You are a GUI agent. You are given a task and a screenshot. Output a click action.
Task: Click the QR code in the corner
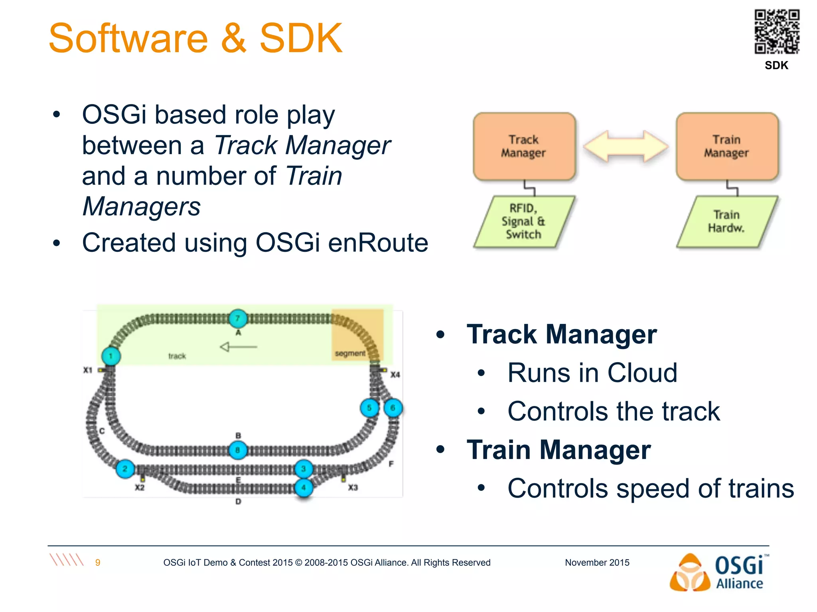(x=777, y=32)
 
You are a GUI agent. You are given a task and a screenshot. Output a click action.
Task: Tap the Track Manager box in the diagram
(x=524, y=146)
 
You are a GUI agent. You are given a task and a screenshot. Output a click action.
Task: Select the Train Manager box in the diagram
(x=726, y=146)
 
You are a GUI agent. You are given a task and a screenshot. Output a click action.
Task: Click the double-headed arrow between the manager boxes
(x=625, y=146)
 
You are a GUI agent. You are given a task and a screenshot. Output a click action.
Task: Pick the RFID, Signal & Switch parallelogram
(x=524, y=222)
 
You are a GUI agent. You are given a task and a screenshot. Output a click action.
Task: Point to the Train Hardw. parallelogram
(x=726, y=222)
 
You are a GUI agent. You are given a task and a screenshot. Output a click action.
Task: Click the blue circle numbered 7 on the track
(x=238, y=318)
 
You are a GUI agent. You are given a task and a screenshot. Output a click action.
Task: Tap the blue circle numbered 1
(x=111, y=356)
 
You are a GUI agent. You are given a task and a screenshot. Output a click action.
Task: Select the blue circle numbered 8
(x=238, y=450)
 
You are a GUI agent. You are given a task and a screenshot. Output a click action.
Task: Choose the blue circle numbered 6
(x=393, y=408)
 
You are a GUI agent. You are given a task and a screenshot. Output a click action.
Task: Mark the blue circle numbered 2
(x=125, y=469)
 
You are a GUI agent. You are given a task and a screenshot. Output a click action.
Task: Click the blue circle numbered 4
(x=304, y=487)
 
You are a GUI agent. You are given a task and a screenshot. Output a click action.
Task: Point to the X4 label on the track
(x=395, y=375)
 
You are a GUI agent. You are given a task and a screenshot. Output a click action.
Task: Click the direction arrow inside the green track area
(x=239, y=347)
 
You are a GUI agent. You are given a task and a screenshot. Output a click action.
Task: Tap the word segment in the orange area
(x=350, y=353)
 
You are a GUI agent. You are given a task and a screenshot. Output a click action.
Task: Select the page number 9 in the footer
(x=98, y=563)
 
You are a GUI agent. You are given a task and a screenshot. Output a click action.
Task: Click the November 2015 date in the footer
(x=597, y=563)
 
